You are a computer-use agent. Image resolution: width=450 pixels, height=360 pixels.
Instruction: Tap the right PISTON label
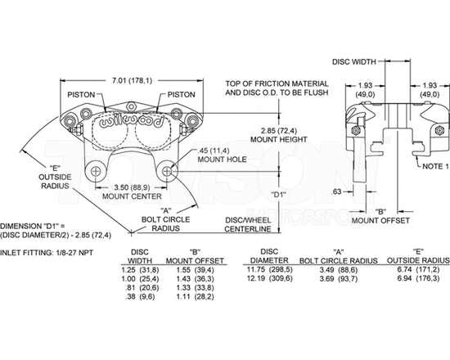(x=181, y=94)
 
